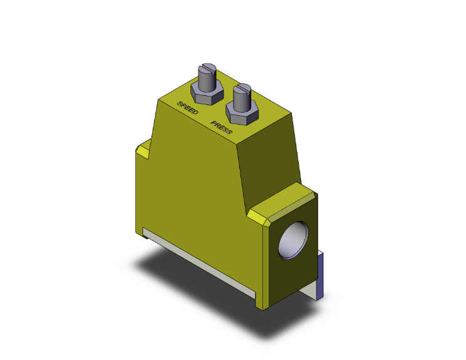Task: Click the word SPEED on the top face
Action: pos(188,108)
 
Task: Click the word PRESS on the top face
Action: pos(222,128)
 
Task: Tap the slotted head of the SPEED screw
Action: pos(207,69)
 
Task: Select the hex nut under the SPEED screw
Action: pos(207,96)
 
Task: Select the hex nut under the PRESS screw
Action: pos(241,116)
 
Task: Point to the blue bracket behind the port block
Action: pos(321,275)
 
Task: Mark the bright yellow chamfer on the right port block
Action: pos(261,217)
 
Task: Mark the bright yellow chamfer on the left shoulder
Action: pos(142,151)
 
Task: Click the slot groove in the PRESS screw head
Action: pos(242,88)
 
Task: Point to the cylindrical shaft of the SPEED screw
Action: pos(207,81)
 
